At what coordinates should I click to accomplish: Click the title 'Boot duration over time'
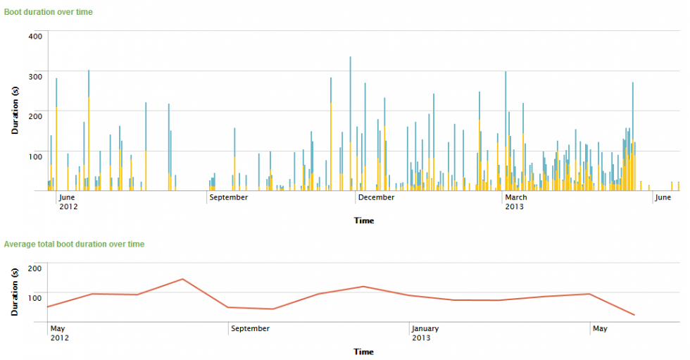point(48,12)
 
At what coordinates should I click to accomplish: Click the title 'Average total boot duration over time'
point(74,244)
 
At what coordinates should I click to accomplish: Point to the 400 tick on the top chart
point(36,36)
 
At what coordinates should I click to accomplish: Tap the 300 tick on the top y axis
point(36,75)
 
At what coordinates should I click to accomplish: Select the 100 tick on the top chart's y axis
point(36,156)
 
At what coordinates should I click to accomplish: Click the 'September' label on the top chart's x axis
point(229,197)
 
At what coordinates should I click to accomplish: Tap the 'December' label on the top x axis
point(377,197)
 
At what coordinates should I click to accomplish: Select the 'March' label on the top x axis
point(516,197)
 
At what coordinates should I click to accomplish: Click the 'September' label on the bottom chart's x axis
point(251,328)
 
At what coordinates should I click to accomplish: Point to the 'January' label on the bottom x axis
point(426,328)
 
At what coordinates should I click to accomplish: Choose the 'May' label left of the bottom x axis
point(58,328)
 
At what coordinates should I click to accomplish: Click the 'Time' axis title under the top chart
point(364,221)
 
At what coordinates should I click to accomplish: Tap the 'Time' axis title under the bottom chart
point(363,352)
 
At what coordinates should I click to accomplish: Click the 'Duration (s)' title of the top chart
point(15,110)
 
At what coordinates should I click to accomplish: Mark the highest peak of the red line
point(183,279)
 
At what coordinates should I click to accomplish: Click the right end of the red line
point(634,315)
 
